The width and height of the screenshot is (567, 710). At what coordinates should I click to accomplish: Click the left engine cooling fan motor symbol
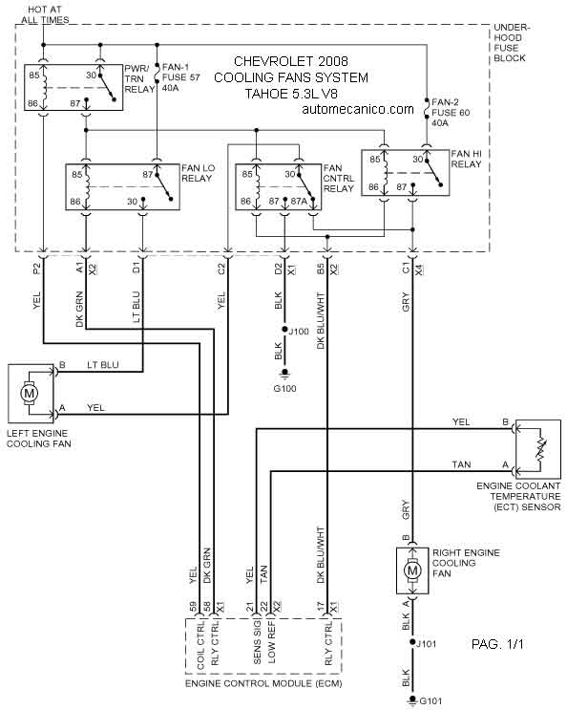30,393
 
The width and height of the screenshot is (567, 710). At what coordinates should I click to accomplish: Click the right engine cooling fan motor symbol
412,570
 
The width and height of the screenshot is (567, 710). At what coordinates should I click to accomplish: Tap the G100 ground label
284,389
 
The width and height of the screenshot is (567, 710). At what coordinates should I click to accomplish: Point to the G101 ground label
430,701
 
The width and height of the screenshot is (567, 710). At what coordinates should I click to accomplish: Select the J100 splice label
299,332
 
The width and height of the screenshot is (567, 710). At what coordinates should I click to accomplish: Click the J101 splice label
426,643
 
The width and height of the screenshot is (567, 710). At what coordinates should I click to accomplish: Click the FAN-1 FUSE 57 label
180,77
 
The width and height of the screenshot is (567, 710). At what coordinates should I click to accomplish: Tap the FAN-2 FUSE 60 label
451,113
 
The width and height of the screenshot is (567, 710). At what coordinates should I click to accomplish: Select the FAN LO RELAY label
198,173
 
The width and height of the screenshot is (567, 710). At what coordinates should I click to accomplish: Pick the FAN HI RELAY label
466,159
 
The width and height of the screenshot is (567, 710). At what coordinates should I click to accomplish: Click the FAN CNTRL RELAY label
338,178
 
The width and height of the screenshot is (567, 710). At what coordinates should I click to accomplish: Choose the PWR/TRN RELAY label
139,78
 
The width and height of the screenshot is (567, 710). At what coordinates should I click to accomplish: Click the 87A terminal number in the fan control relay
299,201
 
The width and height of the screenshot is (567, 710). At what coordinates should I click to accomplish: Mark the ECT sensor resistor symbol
541,449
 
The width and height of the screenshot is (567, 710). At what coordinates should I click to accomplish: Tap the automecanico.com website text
358,109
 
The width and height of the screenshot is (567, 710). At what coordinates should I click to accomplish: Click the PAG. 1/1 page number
497,644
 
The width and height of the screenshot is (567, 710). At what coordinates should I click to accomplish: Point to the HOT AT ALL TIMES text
45,14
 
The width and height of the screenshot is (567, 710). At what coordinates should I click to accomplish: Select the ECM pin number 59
193,607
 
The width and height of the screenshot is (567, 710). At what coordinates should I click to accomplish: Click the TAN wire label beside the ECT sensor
461,464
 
